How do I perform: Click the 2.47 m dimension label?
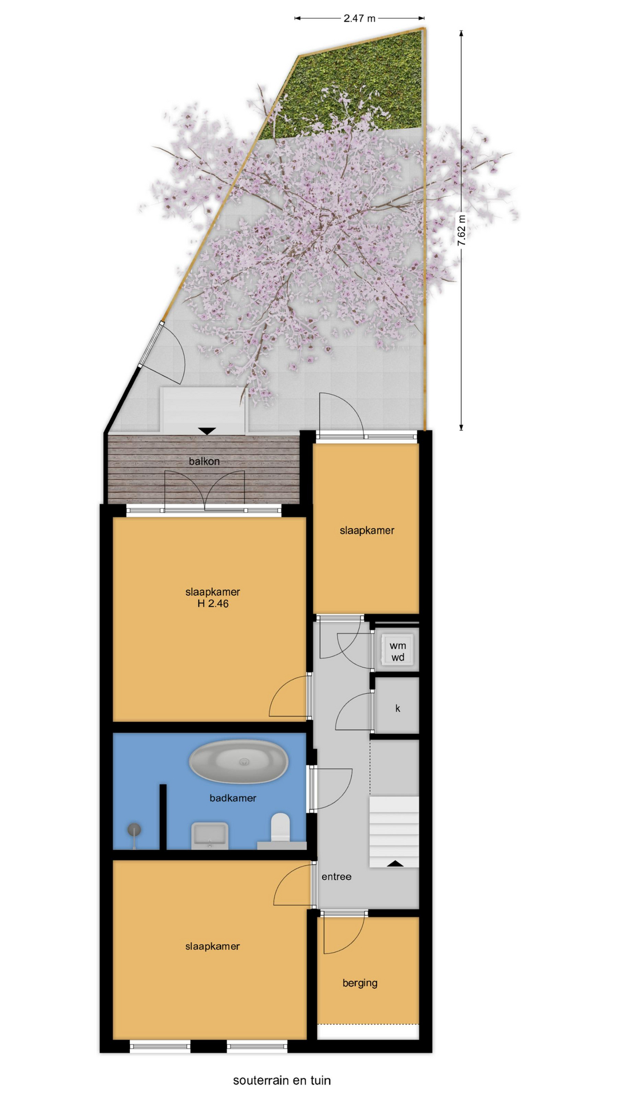click(x=359, y=18)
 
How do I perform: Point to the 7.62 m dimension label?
click(x=461, y=230)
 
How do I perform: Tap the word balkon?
click(x=204, y=461)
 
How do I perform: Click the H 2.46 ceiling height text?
click(x=213, y=604)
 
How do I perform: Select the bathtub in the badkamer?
click(x=239, y=762)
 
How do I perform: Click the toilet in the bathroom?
click(x=280, y=828)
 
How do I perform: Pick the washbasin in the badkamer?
click(x=209, y=836)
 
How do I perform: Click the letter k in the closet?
click(x=398, y=709)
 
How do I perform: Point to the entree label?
click(x=336, y=877)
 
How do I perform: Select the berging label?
click(x=360, y=983)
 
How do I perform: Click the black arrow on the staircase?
click(x=395, y=863)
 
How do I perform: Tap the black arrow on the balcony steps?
click(x=207, y=431)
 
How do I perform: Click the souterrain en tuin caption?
click(x=282, y=1081)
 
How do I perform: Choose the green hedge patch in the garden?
click(x=355, y=86)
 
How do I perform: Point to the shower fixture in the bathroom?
click(x=134, y=833)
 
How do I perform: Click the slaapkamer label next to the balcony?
click(x=367, y=531)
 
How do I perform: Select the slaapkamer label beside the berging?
click(x=212, y=947)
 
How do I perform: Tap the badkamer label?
click(x=233, y=798)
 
